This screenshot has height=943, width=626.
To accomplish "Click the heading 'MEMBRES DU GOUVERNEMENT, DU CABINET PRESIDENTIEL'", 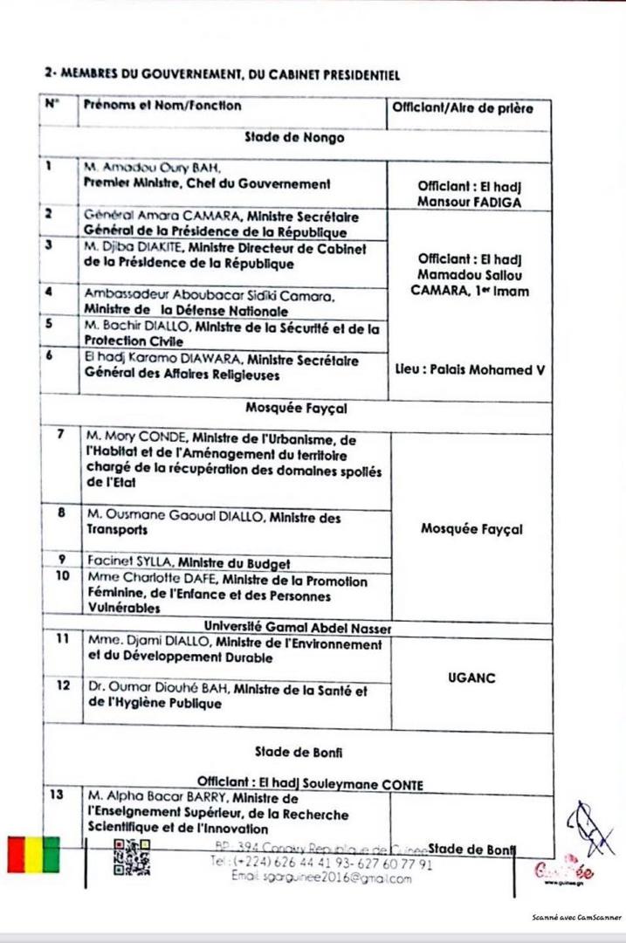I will pos(229,76).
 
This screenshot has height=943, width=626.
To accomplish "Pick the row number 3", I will pos(50,246).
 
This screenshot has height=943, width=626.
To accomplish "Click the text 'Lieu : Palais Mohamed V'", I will pos(471,369).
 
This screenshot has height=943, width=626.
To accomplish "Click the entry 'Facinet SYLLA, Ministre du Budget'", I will pos(188,562).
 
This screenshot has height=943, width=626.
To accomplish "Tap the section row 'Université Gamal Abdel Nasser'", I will pos(297,628).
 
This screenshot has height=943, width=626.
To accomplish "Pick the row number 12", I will pos(62,685).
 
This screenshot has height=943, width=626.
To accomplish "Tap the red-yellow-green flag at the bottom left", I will pos(33,854).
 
